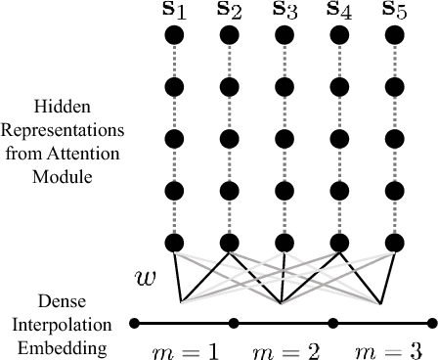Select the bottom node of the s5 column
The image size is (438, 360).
pyautogui.click(x=394, y=242)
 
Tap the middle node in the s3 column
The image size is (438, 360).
pyautogui.click(x=285, y=139)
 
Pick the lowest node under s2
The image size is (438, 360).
pyautogui.click(x=230, y=242)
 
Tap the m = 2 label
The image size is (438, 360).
pyautogui.click(x=284, y=348)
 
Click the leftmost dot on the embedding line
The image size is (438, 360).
pyautogui.click(x=134, y=322)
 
